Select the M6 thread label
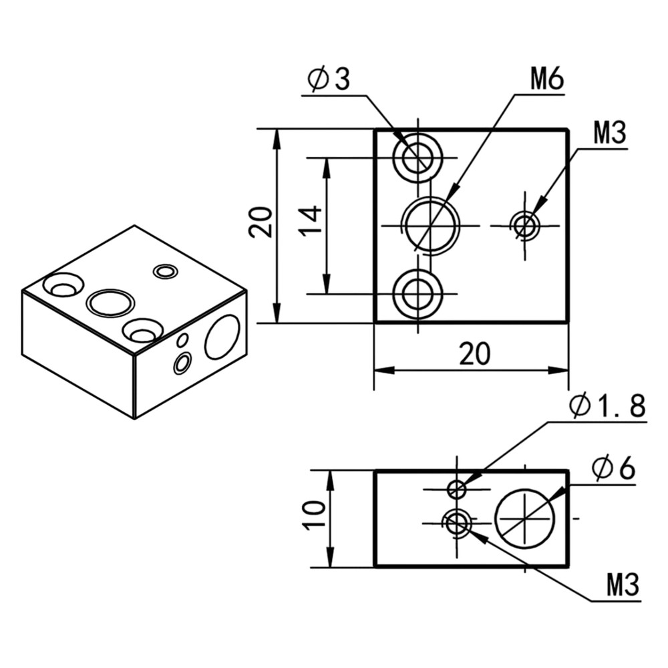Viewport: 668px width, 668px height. coord(547,80)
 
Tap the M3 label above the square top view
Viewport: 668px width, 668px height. coord(609,134)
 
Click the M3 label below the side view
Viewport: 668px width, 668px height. coord(623,586)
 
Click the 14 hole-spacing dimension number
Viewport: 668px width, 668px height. coord(311,220)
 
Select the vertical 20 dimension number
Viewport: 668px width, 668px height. coord(261,222)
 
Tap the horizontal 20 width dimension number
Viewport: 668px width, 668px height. coord(474,354)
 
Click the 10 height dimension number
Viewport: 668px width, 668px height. coord(314,516)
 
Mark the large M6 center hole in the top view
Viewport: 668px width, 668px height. coord(430,225)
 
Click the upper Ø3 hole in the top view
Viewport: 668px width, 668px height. coord(417,158)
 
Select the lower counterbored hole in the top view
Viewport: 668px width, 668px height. coord(417,294)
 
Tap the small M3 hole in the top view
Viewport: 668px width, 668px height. coord(526,226)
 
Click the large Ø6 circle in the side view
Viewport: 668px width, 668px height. coord(525,518)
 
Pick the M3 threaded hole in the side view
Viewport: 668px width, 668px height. coord(457,522)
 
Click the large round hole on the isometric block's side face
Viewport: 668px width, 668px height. coord(222,337)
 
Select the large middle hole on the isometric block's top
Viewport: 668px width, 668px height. coord(111,303)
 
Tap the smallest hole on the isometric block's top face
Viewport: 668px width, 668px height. coord(165,271)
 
